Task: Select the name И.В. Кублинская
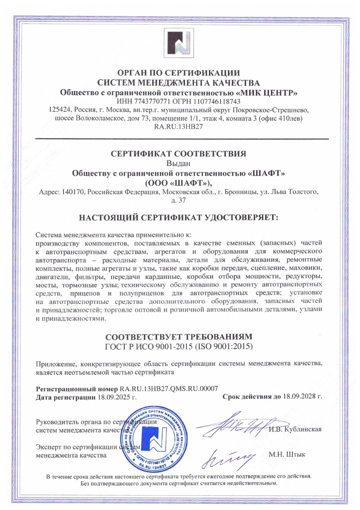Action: (295, 429)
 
